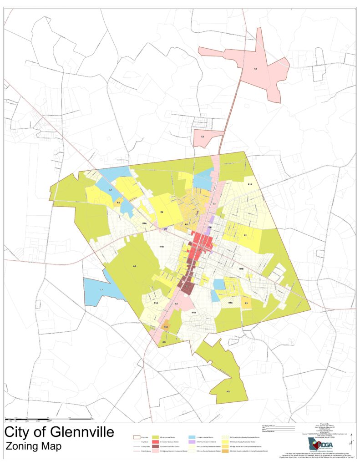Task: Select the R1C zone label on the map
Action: [x=230, y=303]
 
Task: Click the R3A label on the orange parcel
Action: [x=166, y=327]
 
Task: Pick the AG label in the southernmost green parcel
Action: [x=228, y=391]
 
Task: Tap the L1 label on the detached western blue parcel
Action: [x=102, y=290]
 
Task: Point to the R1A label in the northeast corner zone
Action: [x=250, y=184]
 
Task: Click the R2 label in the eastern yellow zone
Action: [x=245, y=235]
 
